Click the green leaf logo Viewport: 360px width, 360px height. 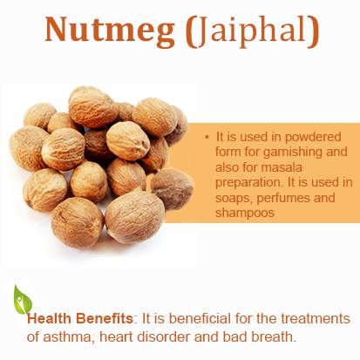tap(23, 300)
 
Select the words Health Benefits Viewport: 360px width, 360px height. tap(80, 318)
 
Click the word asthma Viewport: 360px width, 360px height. tap(69, 337)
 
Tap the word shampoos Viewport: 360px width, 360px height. tap(245, 213)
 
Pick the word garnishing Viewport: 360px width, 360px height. tap(293, 153)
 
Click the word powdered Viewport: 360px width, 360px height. tap(313, 137)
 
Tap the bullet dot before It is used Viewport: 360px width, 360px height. tap(207, 137)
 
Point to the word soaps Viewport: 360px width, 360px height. tap(234, 198)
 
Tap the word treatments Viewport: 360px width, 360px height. tap(316, 318)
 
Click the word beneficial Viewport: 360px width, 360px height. tap(200, 318)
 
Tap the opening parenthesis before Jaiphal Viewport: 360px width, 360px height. tap(189, 32)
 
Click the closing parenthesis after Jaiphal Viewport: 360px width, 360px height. tap(313, 32)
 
